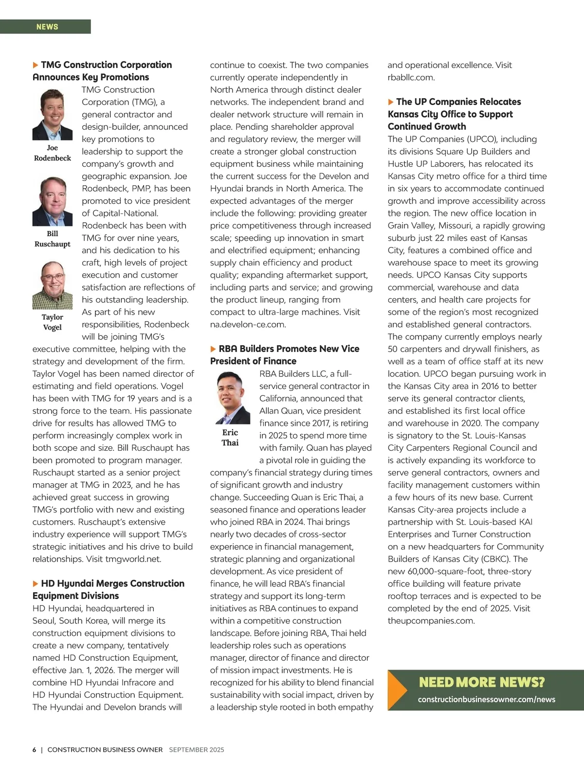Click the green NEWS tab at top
click(x=47, y=27)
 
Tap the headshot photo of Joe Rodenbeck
click(x=52, y=115)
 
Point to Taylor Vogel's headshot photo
click(x=52, y=285)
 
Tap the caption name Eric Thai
click(x=230, y=438)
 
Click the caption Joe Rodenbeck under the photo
click(x=52, y=153)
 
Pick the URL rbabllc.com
click(x=411, y=77)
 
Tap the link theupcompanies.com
click(x=431, y=621)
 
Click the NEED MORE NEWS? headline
click(x=482, y=682)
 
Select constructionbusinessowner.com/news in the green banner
click(x=486, y=700)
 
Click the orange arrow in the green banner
click(x=397, y=690)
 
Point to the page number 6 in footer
click(x=35, y=750)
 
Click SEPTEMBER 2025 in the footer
click(x=197, y=750)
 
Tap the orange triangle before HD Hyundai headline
click(x=36, y=583)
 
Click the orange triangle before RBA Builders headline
click(x=213, y=349)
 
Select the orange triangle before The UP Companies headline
click(x=391, y=102)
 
